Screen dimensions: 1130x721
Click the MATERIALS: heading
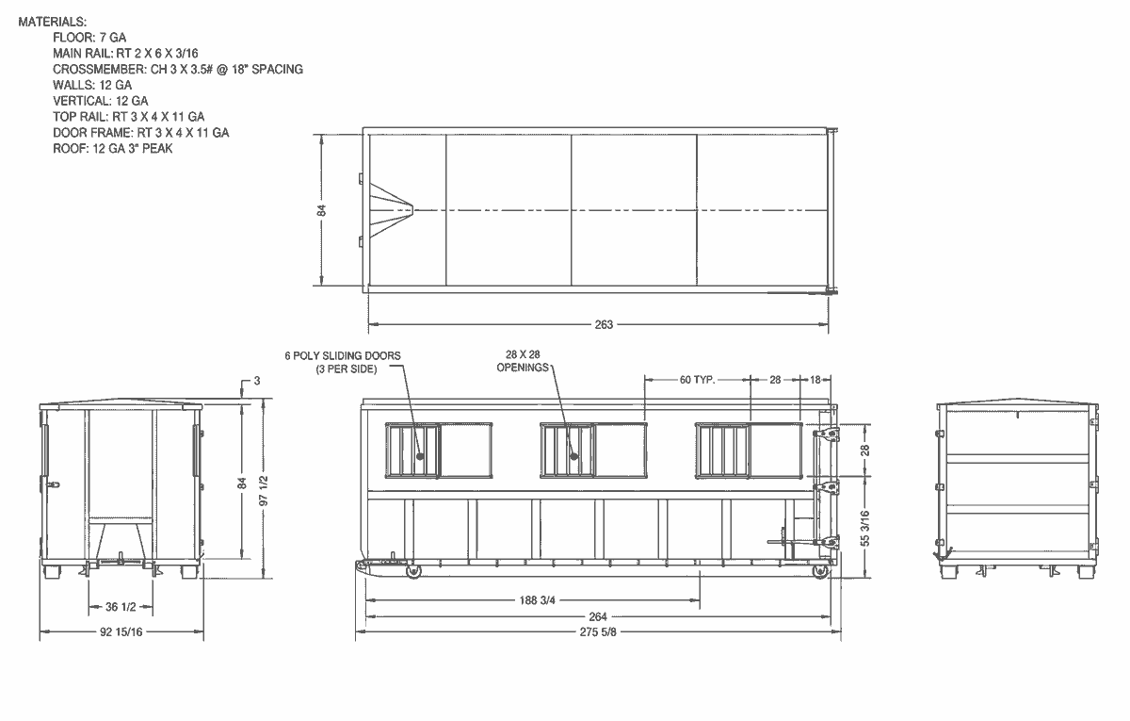point(53,22)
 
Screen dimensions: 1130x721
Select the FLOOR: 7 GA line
point(89,38)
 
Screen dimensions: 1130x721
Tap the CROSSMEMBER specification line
point(178,69)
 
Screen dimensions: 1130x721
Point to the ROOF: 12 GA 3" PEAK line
point(112,149)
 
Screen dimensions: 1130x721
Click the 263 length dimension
point(604,324)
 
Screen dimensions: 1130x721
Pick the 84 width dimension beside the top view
point(321,210)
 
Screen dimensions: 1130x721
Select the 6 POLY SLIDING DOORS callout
point(343,362)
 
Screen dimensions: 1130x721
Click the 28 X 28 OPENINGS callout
point(523,361)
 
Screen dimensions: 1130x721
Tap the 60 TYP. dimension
point(697,380)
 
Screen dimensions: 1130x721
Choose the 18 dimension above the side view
point(815,380)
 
